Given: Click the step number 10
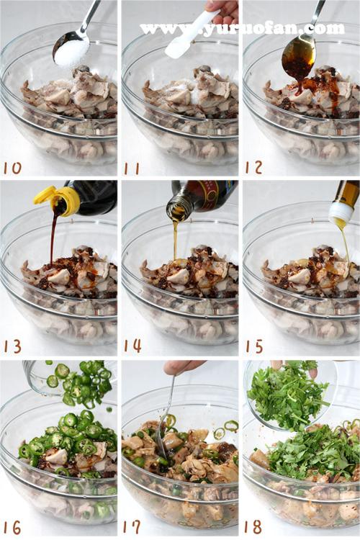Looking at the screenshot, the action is (x=12, y=168).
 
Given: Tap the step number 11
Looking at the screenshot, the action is (x=132, y=168).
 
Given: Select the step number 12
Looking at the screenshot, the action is (x=253, y=167).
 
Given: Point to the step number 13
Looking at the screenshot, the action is (x=13, y=346).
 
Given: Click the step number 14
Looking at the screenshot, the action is (x=132, y=346).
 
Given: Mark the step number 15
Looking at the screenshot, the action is (x=254, y=346).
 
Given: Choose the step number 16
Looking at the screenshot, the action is (x=12, y=527).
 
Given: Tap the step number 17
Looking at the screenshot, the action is (x=132, y=527).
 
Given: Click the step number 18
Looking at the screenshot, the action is (x=254, y=527).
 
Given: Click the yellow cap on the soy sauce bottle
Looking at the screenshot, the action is (x=58, y=199).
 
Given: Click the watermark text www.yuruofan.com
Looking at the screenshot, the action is (x=242, y=29).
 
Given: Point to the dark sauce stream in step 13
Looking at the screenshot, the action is (x=53, y=238).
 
